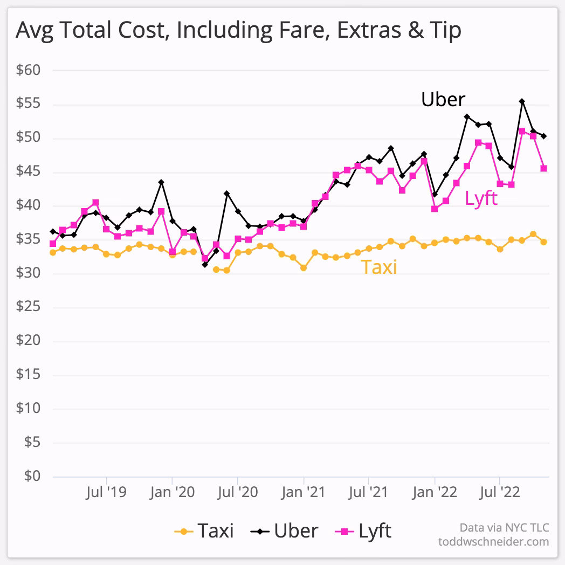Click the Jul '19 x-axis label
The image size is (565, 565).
(106, 492)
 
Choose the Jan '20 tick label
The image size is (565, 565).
(171, 492)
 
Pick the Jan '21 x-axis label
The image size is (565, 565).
(304, 492)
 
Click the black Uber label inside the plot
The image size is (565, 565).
(443, 100)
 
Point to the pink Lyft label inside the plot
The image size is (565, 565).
(481, 198)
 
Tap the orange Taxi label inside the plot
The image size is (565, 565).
(378, 266)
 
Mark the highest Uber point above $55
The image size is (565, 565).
(522, 101)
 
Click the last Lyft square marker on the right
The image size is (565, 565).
(544, 168)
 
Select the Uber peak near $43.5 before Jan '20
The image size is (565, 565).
(161, 182)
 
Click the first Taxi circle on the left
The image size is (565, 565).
(52, 252)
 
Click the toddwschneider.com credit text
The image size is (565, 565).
(493, 541)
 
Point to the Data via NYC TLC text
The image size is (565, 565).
(504, 527)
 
